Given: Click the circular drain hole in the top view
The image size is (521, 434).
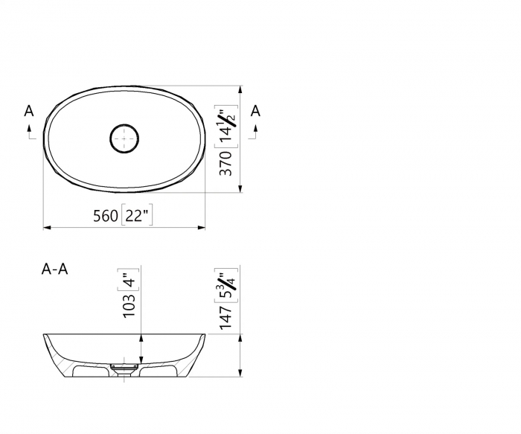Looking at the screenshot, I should [x=124, y=138].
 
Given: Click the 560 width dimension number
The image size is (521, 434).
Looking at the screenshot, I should [x=105, y=216].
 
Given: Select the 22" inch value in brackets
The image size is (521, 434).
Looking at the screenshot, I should [x=135, y=216].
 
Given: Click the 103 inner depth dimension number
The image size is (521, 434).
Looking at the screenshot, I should [x=129, y=303].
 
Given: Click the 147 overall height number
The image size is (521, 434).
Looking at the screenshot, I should [x=226, y=316].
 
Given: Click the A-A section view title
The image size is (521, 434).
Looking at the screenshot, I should [x=55, y=269].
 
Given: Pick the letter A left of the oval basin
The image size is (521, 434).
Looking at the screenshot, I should [x=29, y=111].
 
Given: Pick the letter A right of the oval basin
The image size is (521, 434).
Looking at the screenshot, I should [x=255, y=111].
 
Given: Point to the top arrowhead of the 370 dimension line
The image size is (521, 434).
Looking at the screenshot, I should [x=240, y=89].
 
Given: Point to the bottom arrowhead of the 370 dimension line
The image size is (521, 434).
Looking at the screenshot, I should [x=240, y=188].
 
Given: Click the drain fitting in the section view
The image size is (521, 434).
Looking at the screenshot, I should [x=124, y=366].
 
